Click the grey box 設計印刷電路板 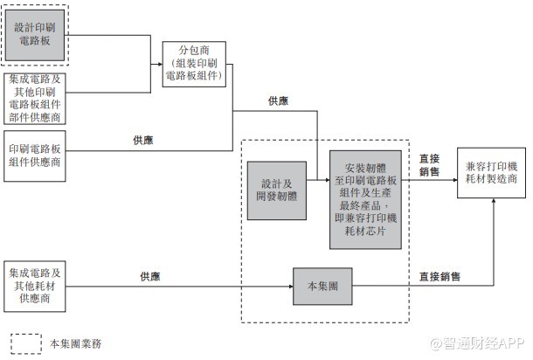35,35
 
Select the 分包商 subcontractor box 194,64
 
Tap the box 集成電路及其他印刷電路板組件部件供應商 35,99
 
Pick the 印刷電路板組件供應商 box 35,156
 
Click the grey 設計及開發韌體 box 277,190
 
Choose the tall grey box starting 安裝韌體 365,200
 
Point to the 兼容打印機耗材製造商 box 492,173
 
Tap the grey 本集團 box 322,287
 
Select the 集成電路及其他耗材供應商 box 35,287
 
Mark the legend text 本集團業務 75,343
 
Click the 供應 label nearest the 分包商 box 278,101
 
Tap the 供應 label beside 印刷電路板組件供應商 143,140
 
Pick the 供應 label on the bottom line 150,276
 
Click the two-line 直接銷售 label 429,165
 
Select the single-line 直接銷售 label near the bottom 440,276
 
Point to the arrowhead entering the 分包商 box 160,64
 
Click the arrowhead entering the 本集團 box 291,287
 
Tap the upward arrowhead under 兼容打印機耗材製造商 494,201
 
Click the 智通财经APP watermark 477,343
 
